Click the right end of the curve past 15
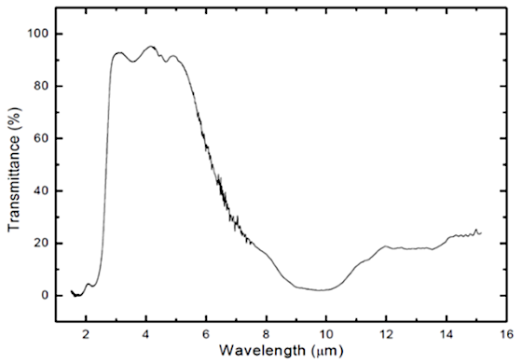[481, 231]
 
